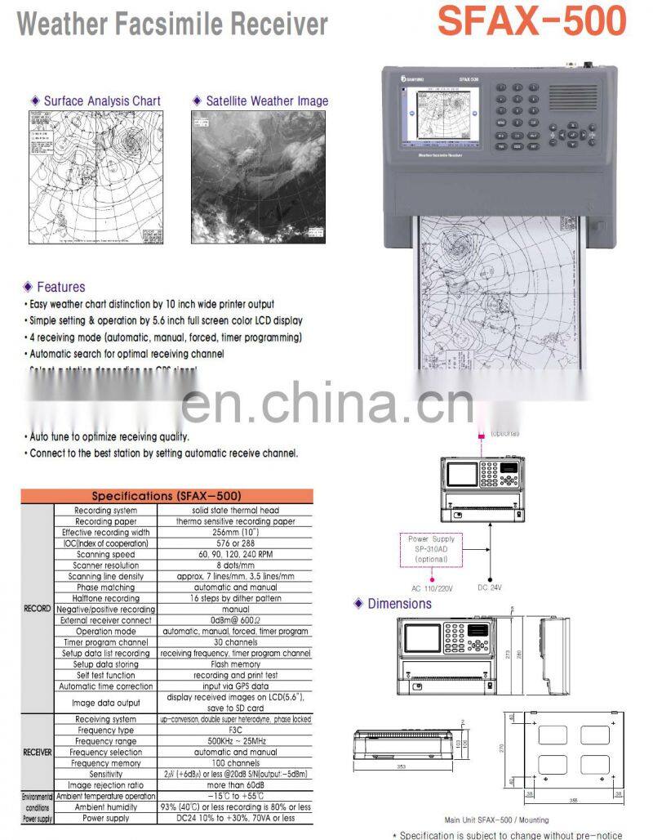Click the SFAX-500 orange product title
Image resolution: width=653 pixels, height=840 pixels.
coord(532,22)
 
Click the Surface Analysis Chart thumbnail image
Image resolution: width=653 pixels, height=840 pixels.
coord(95,176)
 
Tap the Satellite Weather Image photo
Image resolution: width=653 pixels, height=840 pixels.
coord(258,176)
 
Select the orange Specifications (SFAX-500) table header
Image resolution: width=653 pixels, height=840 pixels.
coord(167,495)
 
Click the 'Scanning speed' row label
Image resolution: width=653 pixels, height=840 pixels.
coord(105,554)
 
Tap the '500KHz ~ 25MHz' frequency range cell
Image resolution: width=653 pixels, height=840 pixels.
coord(235,741)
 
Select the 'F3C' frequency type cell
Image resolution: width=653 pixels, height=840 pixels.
coord(235,730)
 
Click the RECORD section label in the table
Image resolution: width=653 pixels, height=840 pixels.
coord(37,609)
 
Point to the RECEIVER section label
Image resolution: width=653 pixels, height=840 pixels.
coord(37,752)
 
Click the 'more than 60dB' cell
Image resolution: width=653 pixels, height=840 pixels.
coord(235,784)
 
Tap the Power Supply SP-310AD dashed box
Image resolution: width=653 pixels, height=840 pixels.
coord(433,549)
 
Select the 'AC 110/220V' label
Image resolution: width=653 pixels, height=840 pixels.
coord(433,588)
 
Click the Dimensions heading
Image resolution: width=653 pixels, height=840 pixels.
coord(399,603)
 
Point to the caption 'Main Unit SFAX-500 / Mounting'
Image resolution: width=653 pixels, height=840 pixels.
coord(496,820)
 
